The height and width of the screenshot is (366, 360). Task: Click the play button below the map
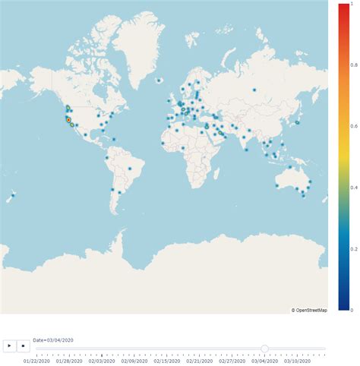click(9, 345)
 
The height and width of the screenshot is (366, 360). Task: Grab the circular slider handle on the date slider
click(264, 349)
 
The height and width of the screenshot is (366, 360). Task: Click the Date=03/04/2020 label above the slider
click(53, 339)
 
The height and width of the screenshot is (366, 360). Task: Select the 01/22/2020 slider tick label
click(37, 361)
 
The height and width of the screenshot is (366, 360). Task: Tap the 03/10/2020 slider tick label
click(298, 361)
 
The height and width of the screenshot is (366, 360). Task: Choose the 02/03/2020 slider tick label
click(103, 361)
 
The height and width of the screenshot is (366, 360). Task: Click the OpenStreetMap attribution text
click(309, 310)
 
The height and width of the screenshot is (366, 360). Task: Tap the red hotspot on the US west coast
click(68, 120)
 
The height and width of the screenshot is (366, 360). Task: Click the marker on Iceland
click(158, 80)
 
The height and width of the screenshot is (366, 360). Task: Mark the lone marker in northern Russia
click(254, 90)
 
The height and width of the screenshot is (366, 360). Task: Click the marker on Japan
click(298, 122)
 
